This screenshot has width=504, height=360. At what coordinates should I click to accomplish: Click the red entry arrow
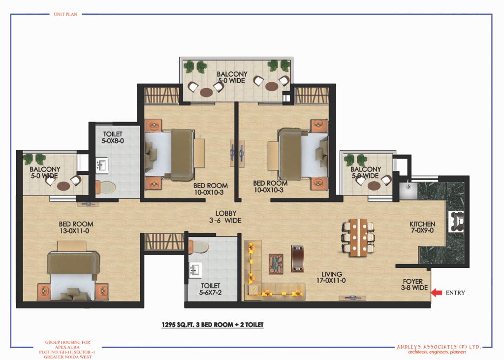point(436,293)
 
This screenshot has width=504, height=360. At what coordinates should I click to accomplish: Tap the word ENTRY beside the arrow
point(455,293)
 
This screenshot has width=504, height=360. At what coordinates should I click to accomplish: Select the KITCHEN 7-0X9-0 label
point(422,227)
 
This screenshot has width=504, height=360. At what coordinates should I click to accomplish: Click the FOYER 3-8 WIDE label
point(413,284)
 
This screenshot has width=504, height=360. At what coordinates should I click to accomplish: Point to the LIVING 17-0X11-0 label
point(331,277)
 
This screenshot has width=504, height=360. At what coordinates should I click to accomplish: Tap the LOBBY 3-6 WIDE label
point(225,217)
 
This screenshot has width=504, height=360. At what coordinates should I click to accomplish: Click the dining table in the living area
point(358,237)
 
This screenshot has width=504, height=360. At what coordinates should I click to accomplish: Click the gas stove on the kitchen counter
point(456,221)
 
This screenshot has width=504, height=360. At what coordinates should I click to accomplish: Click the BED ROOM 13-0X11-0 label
point(76,227)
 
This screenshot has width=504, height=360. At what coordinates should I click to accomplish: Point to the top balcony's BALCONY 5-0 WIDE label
point(232,77)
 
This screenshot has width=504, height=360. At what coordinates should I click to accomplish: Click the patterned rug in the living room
point(276,264)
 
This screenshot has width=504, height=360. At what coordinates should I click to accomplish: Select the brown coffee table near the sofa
point(297,259)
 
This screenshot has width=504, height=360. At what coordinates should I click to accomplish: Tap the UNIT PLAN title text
point(65,14)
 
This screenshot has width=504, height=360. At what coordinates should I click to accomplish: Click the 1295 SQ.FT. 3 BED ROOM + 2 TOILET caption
point(212,325)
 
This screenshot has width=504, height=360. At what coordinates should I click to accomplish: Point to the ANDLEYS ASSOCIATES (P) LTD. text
point(439,347)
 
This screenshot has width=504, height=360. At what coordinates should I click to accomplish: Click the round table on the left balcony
point(63,186)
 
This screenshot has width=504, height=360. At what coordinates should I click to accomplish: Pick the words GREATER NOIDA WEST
point(67,357)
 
